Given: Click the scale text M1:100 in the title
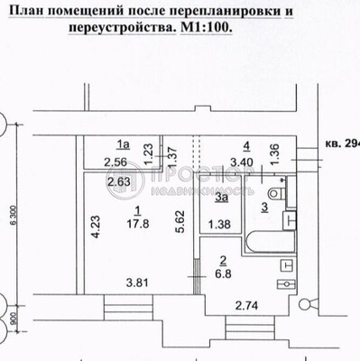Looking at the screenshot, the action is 204,27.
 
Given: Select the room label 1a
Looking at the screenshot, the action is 123,142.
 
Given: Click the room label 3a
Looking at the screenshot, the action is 220,197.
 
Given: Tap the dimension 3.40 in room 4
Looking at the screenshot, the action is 241,162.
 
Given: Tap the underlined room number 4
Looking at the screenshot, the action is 245,143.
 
